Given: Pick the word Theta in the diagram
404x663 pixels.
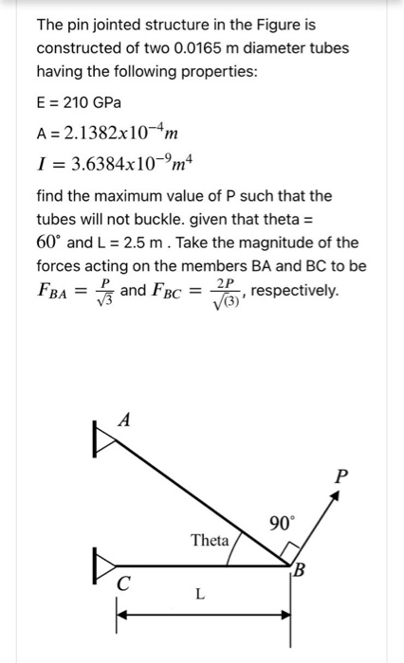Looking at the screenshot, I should coord(210,541).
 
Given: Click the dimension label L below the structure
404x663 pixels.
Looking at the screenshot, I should coord(199,595).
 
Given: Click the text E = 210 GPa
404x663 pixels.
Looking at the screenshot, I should coord(80,101).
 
